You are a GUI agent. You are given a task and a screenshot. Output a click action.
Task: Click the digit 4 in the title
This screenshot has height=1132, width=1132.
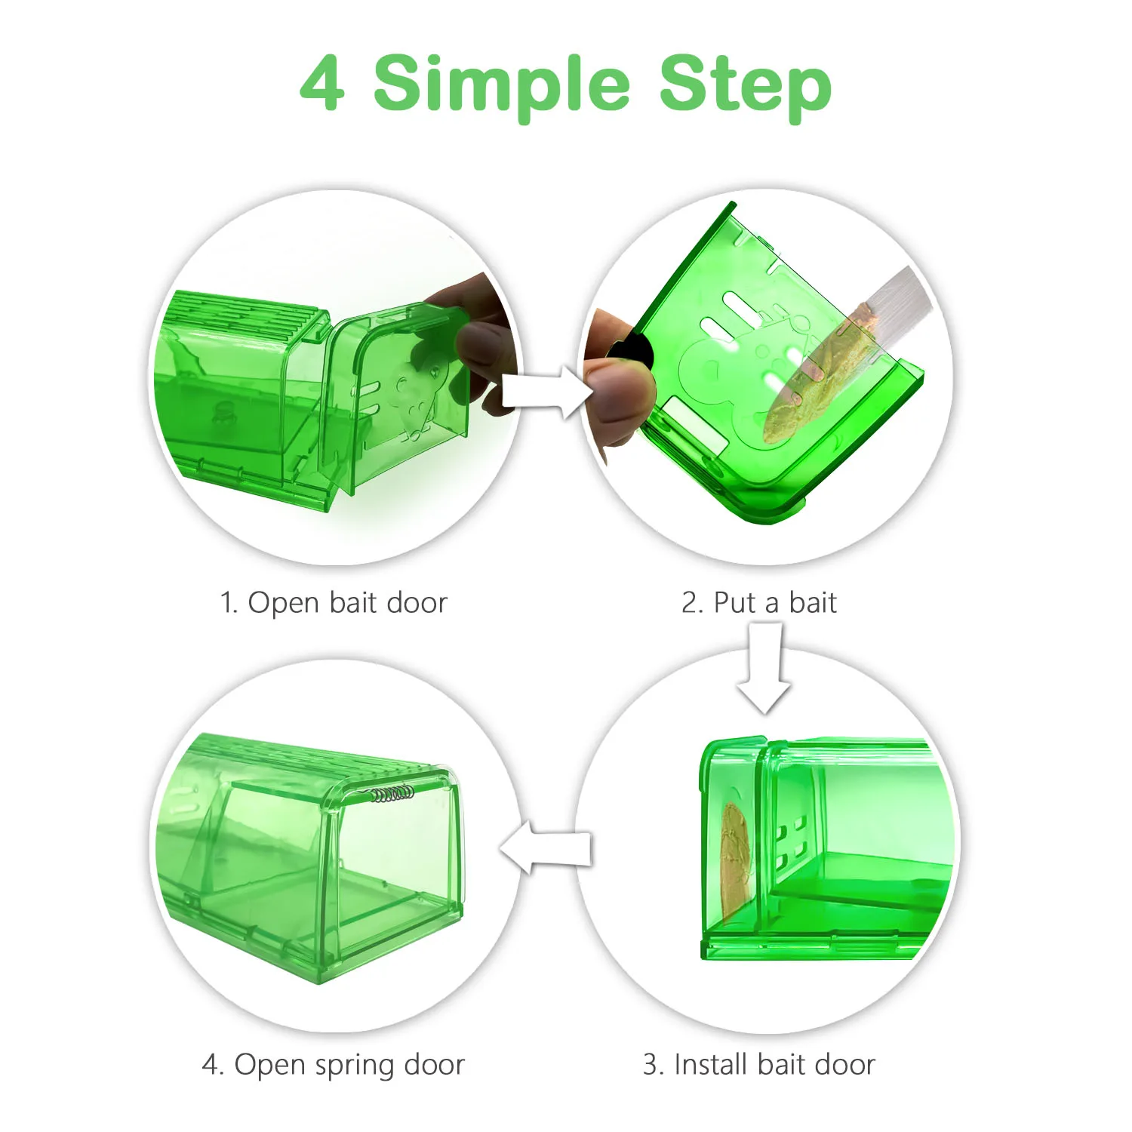(323, 83)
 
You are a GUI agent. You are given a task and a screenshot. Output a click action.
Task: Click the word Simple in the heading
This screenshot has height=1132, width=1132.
(501, 85)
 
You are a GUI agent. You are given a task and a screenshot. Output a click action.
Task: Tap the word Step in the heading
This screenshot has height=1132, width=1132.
(745, 85)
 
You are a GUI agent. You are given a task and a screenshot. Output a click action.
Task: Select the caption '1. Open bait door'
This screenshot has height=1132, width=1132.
(333, 603)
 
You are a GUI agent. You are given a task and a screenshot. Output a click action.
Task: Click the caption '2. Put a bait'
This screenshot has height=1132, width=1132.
(758, 603)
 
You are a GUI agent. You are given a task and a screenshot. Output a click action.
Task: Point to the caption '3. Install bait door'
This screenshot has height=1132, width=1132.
(758, 1064)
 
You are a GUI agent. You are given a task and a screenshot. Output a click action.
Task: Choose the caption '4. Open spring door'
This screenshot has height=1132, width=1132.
(333, 1064)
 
